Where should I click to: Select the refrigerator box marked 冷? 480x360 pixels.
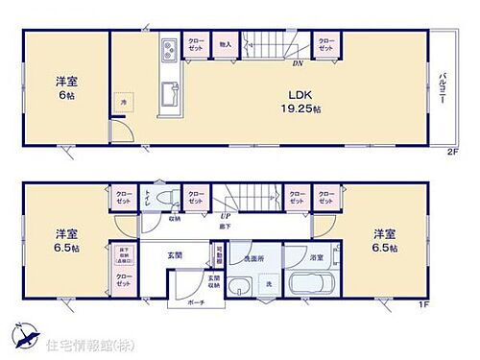pyautogui.click(x=122, y=101)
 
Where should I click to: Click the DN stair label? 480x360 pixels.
pyautogui.click(x=298, y=64)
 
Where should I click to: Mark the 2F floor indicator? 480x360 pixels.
pyautogui.click(x=451, y=153)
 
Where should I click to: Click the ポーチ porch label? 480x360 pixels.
pyautogui.click(x=198, y=300)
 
